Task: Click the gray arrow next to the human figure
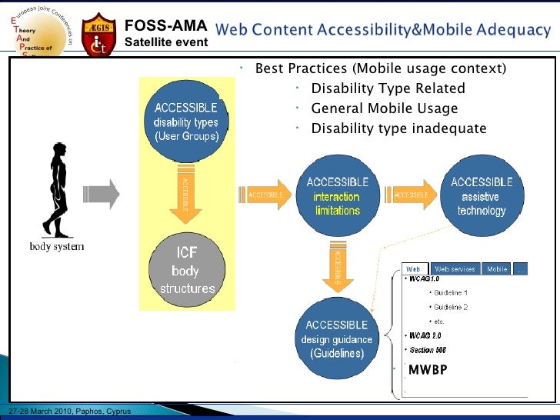pos(102,195)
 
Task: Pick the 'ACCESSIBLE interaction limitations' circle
pos(337,195)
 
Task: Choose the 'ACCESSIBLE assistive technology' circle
pos(482,195)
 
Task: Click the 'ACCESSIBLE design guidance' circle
pos(336,338)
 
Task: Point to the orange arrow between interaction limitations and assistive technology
pos(412,195)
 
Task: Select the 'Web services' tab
pos(456,269)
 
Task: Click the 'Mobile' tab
pos(497,269)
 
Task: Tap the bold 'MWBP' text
pos(427,370)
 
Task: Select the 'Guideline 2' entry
pos(451,307)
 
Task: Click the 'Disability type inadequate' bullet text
pos(398,128)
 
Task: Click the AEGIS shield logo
pos(99,34)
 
